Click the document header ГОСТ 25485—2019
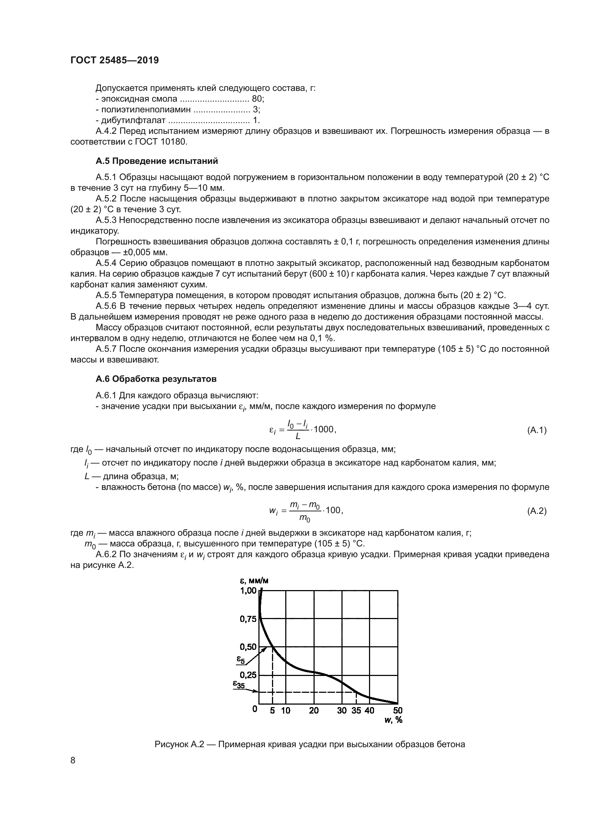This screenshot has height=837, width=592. click(x=115, y=60)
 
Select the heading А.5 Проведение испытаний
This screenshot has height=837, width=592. click(x=157, y=161)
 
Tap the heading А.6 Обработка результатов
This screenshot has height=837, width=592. click(x=156, y=379)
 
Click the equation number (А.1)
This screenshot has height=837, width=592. click(x=537, y=430)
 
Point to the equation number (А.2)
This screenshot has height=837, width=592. click(x=537, y=511)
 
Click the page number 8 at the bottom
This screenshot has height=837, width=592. click(x=73, y=760)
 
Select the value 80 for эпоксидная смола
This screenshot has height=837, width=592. click(x=257, y=99)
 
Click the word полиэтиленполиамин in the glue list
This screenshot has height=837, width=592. click(x=146, y=110)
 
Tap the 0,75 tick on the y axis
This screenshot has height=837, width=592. click(x=248, y=619)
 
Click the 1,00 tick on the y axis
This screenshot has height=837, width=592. click(x=248, y=590)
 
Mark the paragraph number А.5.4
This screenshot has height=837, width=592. click(x=106, y=263)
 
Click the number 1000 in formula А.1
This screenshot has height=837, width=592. click(x=323, y=429)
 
